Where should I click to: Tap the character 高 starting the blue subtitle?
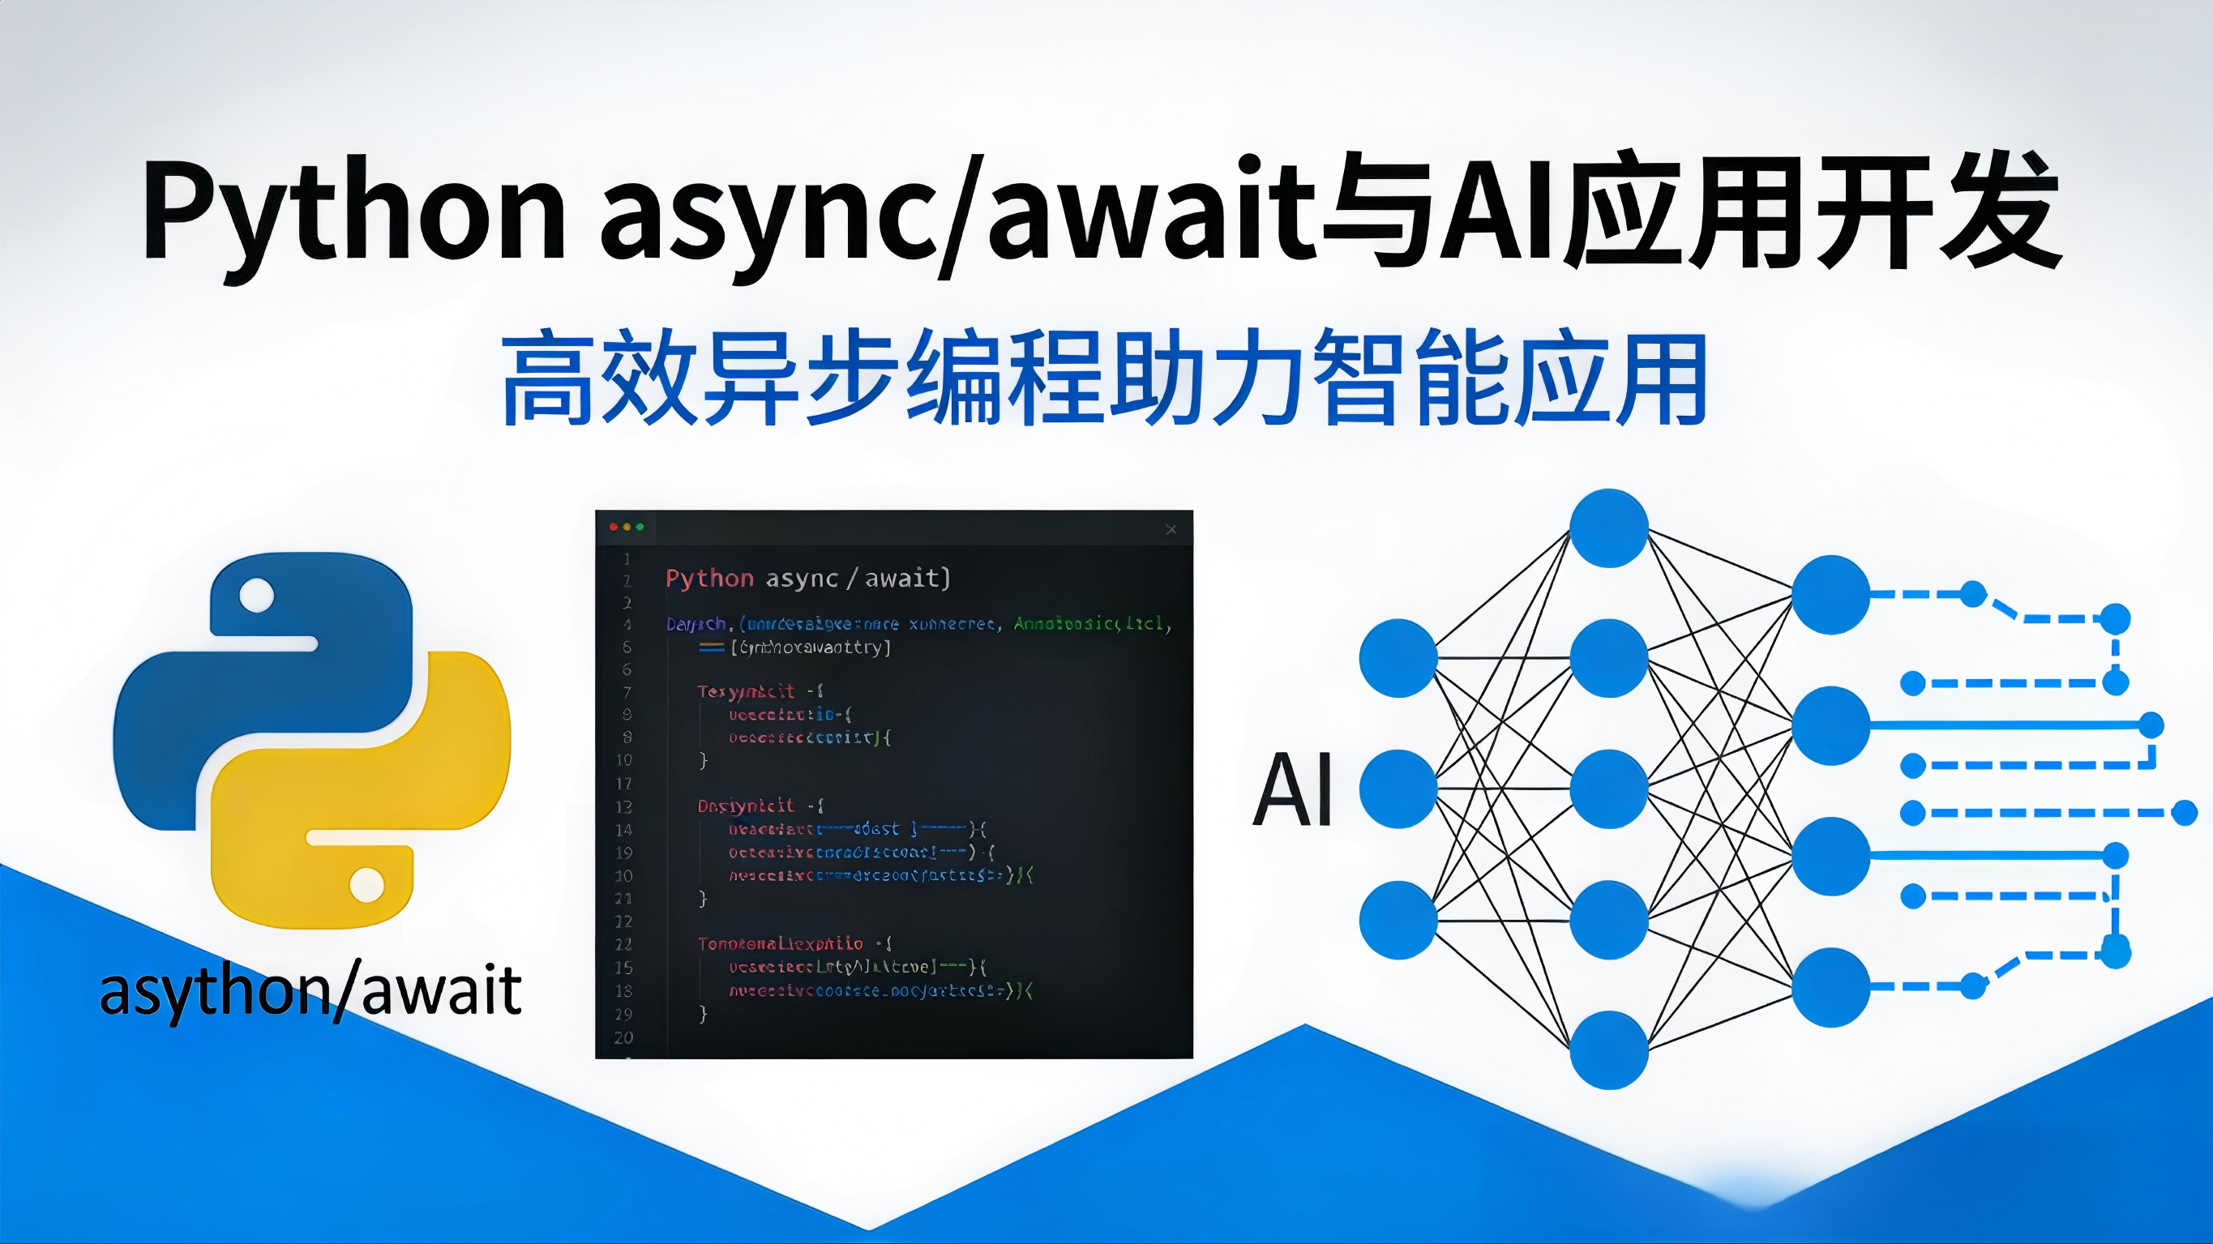point(548,378)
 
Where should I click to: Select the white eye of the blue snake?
point(256,595)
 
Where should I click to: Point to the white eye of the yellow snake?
point(367,884)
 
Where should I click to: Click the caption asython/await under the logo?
point(310,990)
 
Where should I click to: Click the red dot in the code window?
point(614,527)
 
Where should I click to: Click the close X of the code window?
point(1170,529)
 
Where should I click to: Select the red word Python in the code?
point(708,578)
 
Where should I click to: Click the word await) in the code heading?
point(907,578)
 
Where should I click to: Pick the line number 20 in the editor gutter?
point(623,1037)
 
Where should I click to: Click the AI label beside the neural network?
point(1292,789)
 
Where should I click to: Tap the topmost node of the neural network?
point(1608,528)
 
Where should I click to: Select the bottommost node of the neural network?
point(1608,1049)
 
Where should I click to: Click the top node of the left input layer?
point(1398,658)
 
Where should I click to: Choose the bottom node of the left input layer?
point(1398,919)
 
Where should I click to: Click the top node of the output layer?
point(1830,595)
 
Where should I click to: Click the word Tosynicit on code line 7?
point(746,691)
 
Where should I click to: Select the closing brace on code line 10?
point(703,760)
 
